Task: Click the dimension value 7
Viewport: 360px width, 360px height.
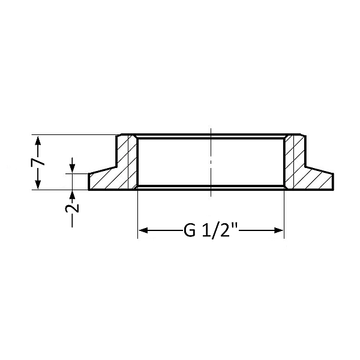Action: pos(38,162)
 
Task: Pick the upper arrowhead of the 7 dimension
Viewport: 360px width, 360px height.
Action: pos(38,140)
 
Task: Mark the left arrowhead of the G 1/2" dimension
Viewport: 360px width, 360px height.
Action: pos(143,230)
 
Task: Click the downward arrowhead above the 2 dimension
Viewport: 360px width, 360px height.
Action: pos(72,168)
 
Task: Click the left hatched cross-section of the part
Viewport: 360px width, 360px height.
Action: pos(120,171)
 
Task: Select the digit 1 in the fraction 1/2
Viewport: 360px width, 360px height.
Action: pos(205,230)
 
